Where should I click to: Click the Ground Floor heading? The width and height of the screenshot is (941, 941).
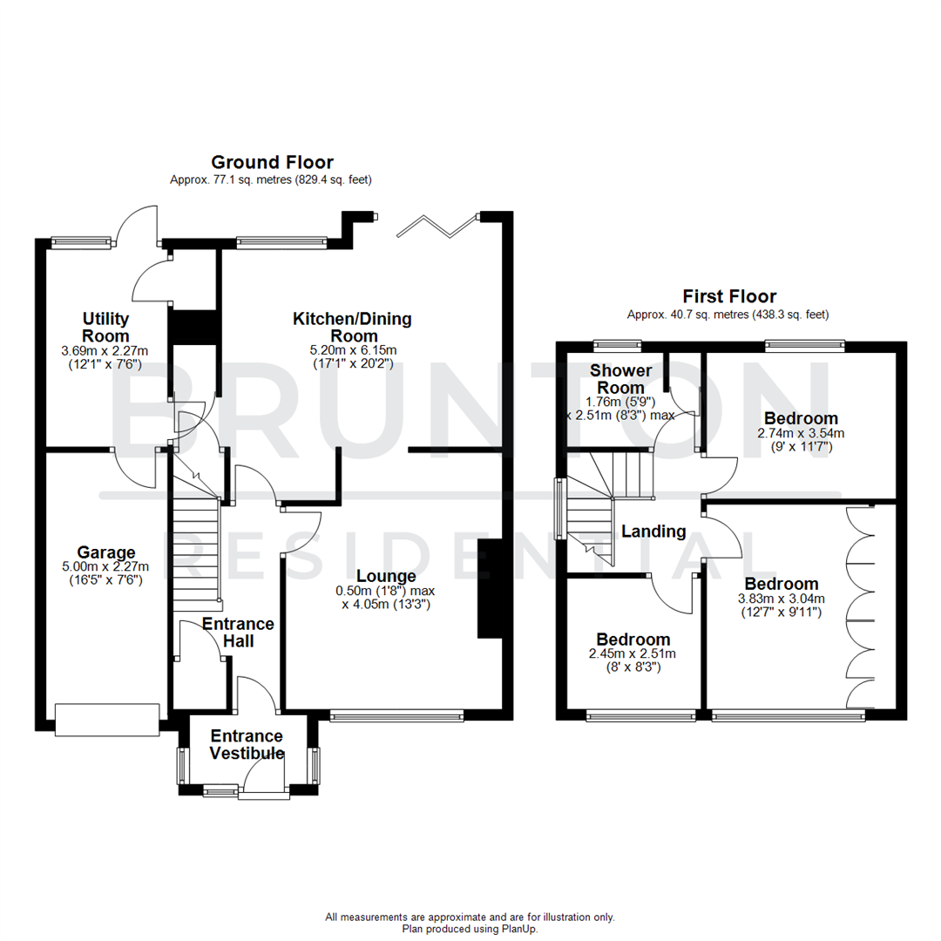click(273, 162)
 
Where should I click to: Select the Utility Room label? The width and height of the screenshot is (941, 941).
click(106, 327)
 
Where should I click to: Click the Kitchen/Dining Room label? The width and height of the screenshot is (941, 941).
click(352, 328)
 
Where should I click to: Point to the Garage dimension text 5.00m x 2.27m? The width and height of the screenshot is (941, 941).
click(106, 567)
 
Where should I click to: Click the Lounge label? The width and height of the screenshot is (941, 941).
click(385, 576)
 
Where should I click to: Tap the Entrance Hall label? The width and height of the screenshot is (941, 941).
click(238, 633)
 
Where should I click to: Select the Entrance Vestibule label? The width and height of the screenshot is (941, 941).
click(247, 745)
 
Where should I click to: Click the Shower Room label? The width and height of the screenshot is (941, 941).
click(621, 379)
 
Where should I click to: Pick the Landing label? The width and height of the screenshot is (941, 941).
click(653, 531)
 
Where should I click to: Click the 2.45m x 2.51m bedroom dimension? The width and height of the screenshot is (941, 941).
click(633, 654)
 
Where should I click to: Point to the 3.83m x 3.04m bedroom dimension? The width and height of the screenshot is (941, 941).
click(781, 599)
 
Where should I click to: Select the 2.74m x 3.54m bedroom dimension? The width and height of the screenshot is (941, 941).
click(801, 433)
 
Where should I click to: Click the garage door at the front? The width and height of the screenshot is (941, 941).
click(106, 719)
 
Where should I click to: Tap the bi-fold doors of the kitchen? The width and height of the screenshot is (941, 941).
click(438, 226)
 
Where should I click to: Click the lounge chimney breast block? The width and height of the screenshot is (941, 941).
click(490, 589)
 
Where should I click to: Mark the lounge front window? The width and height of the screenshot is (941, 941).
click(396, 717)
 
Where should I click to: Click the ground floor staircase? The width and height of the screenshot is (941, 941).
click(194, 549)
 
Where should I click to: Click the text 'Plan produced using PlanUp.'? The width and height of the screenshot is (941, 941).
click(470, 929)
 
